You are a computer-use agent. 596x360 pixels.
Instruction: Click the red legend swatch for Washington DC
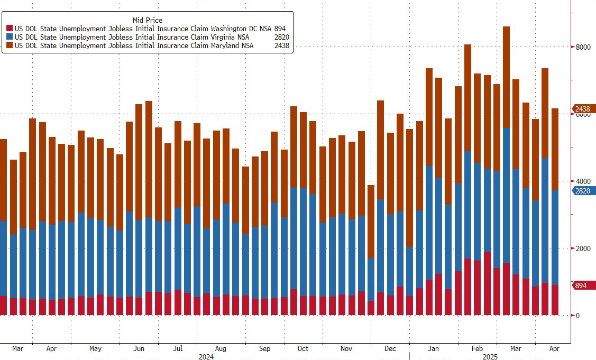point(9,29)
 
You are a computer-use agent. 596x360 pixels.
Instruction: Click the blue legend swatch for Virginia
point(9,38)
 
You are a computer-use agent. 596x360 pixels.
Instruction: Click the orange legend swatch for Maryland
point(9,46)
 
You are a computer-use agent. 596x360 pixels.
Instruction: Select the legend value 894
point(281,29)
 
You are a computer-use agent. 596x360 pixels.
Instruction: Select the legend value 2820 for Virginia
point(282,38)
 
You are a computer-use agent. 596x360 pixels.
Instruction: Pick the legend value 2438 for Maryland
point(282,46)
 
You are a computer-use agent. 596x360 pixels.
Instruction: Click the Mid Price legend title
point(147,20)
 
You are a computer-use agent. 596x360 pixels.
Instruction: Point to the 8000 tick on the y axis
point(583,47)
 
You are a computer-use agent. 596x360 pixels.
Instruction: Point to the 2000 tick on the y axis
point(583,248)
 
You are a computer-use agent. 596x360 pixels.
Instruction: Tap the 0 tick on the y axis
point(577,316)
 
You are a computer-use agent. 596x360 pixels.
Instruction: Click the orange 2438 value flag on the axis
point(584,109)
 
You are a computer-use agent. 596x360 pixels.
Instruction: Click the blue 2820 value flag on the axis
point(584,191)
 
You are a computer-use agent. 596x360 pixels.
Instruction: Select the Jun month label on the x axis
point(139,349)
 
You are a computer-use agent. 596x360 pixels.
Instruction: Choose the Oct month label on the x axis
point(303,349)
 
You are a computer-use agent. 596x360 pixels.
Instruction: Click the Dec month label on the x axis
point(390,349)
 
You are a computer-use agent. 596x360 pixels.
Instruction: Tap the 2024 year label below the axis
point(206,357)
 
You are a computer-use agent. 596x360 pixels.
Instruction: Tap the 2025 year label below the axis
point(490,357)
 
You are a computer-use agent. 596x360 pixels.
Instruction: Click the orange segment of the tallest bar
point(506,77)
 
